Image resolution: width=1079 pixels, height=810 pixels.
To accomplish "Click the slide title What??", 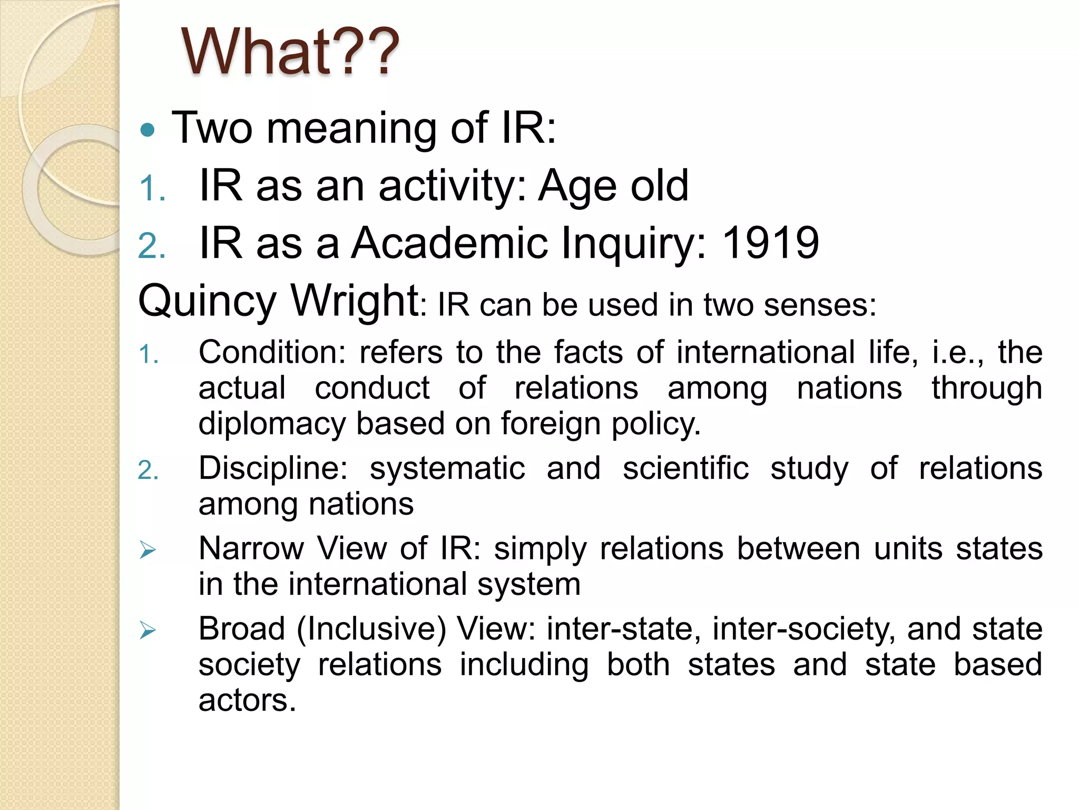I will click(x=290, y=52).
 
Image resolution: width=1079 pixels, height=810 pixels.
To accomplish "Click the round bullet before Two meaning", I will click(x=148, y=130).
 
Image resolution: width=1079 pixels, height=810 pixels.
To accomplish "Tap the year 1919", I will click(x=770, y=243).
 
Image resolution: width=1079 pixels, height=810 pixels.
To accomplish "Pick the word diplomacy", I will click(x=271, y=424).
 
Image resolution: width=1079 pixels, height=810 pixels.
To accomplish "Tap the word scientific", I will click(x=685, y=468).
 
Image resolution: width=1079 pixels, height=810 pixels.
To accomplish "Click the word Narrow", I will click(x=251, y=548).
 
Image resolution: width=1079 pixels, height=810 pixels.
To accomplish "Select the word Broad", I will click(x=242, y=629).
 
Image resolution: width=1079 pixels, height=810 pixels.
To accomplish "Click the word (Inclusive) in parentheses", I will click(x=371, y=629).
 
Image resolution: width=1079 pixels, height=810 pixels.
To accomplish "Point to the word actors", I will click(x=247, y=701).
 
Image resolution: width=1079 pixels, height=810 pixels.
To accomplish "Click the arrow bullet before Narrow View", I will click(x=148, y=551).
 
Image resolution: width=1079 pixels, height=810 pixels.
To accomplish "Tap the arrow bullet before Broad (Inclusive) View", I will click(x=148, y=630).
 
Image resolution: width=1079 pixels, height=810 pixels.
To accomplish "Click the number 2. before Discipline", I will click(x=148, y=470).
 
